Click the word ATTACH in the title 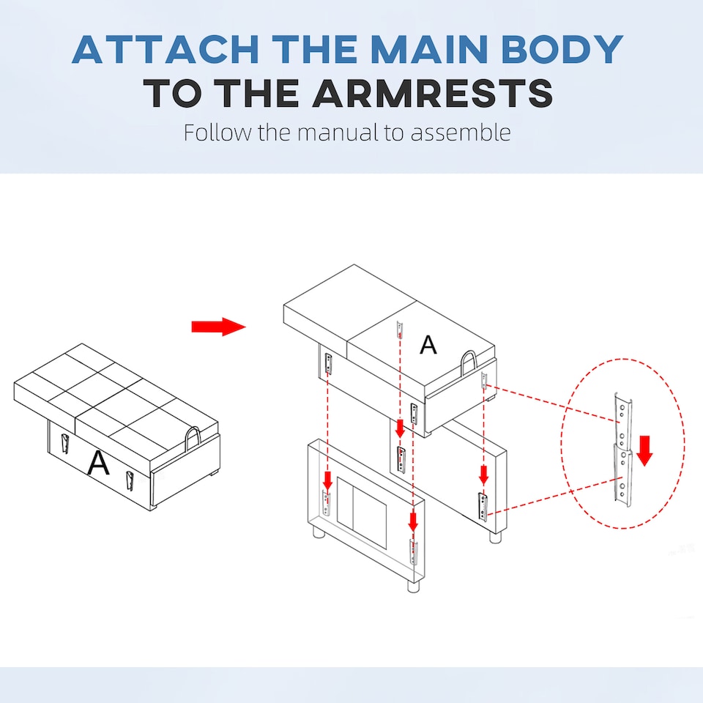[165, 49]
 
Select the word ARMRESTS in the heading [432, 93]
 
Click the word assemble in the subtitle [461, 133]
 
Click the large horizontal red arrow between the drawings [219, 327]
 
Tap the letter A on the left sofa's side [98, 462]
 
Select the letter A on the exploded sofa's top [428, 345]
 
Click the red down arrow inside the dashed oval [644, 450]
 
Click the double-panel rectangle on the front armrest [361, 513]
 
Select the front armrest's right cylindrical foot [413, 587]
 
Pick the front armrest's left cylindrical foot [319, 532]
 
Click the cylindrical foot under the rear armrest [495, 538]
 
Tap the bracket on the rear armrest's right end [483, 507]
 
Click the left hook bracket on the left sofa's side [64, 444]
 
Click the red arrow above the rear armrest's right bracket [483, 475]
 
